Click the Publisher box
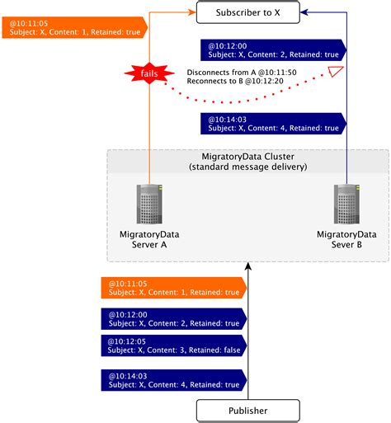pyautogui.click(x=247, y=410)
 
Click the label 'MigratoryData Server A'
pyautogui.click(x=148, y=240)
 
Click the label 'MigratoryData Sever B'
pyautogui.click(x=346, y=240)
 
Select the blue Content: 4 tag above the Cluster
pyautogui.click(x=273, y=123)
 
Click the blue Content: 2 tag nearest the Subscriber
pyautogui.click(x=273, y=49)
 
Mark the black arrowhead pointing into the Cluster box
pyautogui.click(x=247, y=267)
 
